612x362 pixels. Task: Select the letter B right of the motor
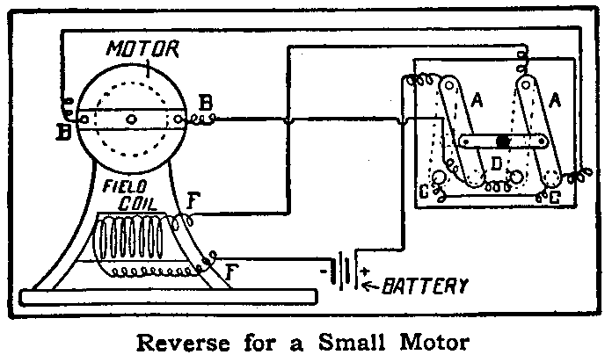[206, 105]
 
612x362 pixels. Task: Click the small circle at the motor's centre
[130, 119]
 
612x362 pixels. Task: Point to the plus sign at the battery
[364, 271]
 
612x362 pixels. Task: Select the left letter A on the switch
[477, 102]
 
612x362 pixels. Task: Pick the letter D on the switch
[497, 164]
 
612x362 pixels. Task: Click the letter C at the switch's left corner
[426, 191]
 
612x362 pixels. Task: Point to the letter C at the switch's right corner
[556, 199]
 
